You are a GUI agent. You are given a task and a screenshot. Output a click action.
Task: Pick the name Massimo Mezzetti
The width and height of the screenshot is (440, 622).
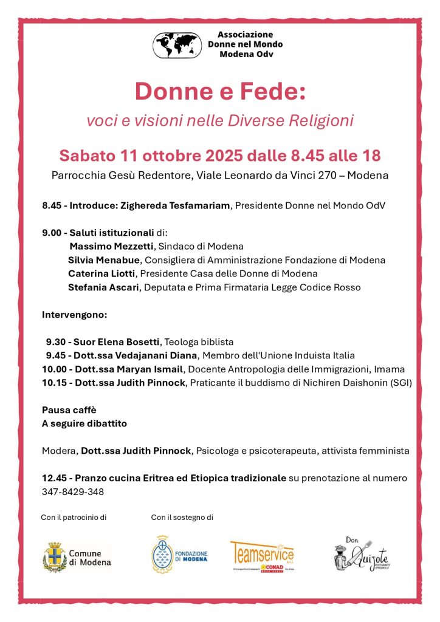coord(113,246)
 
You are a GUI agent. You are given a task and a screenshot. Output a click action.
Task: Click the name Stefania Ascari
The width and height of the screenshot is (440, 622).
coord(103,287)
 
